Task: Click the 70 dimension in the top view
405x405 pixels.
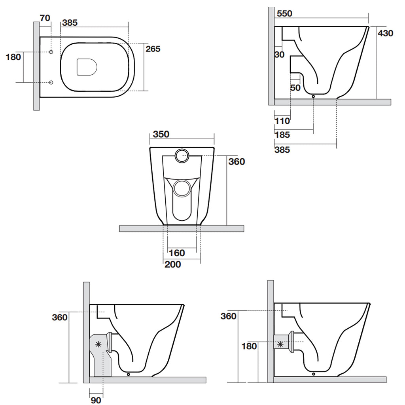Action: [45, 18]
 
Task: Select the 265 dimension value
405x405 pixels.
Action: [153, 49]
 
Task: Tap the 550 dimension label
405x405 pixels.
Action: [284, 13]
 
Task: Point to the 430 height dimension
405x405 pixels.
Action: [385, 33]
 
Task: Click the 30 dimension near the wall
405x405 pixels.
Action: [279, 55]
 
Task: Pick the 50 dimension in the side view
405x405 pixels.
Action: [295, 88]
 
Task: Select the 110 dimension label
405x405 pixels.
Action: [282, 121]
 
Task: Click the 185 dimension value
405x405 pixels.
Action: [282, 135]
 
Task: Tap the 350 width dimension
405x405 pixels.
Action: [161, 134]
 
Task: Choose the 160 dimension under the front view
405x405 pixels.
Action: [177, 253]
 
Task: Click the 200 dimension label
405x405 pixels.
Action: [173, 264]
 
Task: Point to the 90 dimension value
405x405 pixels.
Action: [96, 400]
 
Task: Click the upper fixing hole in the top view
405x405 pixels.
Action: [51, 52]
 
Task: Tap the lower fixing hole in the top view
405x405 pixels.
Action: [51, 82]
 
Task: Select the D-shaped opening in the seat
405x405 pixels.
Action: [87, 67]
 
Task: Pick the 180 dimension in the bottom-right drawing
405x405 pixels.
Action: [249, 346]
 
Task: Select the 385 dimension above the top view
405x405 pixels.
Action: [70, 23]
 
